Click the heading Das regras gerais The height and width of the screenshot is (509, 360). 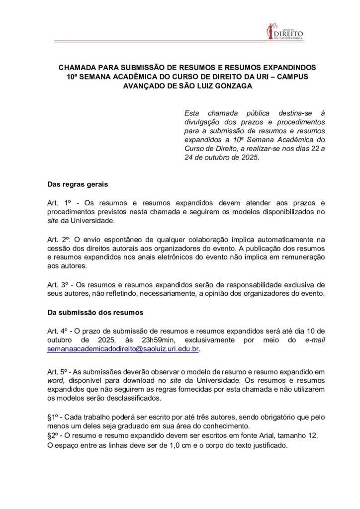(73, 184)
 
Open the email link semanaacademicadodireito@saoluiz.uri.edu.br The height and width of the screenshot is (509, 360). (123, 349)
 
